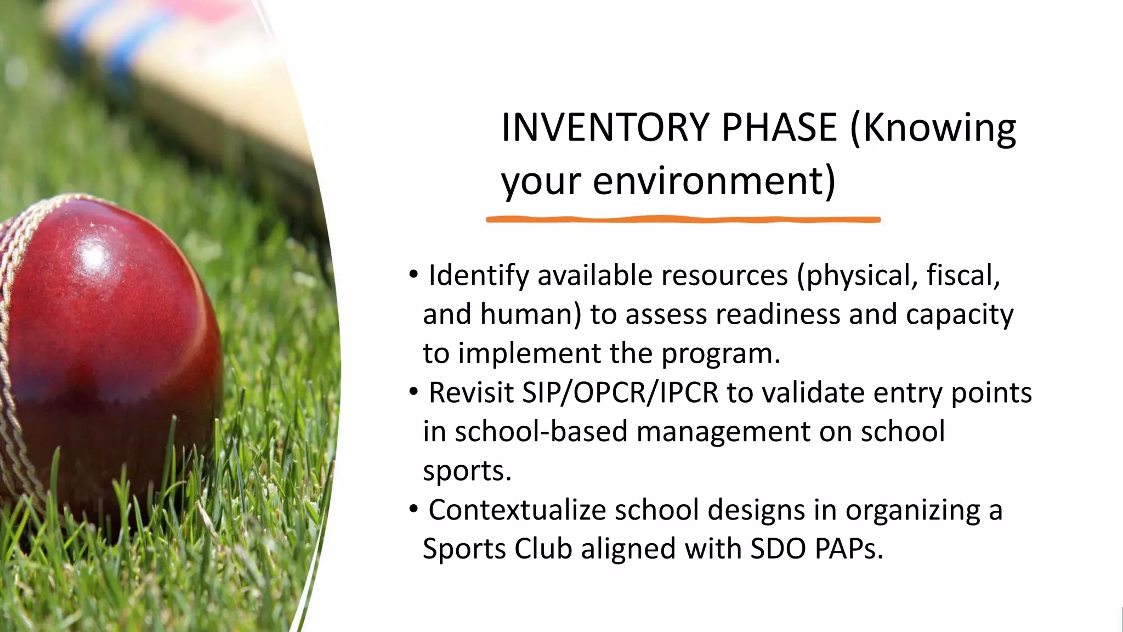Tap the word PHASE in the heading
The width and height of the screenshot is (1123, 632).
pos(779,127)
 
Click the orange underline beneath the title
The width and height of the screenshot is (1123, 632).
pos(683,220)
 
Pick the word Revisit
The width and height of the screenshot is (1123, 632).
pos(470,393)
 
